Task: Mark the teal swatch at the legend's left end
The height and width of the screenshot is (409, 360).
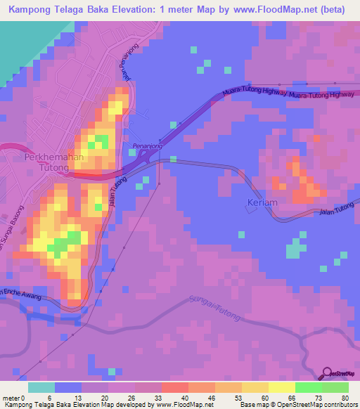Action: coord(41,387)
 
